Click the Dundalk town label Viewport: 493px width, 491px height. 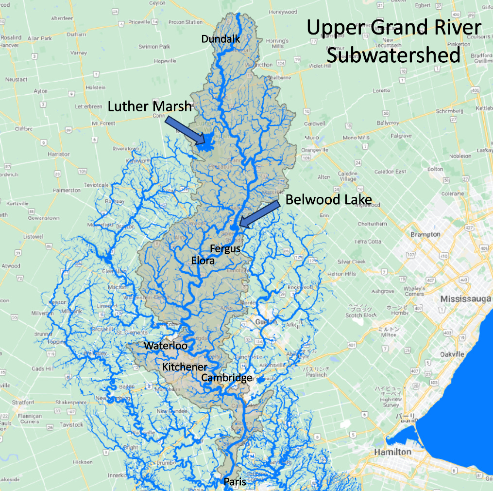(221, 39)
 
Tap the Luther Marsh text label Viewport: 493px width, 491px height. (150, 106)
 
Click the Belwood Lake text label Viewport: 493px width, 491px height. (328, 200)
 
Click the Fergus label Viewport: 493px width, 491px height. (225, 248)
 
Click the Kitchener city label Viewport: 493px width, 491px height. (185, 367)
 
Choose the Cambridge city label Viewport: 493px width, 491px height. (227, 378)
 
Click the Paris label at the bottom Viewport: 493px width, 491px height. (235, 482)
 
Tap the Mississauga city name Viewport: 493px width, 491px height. (465, 298)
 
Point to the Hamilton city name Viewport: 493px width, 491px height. (392, 452)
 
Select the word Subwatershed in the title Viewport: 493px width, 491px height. (393, 55)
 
